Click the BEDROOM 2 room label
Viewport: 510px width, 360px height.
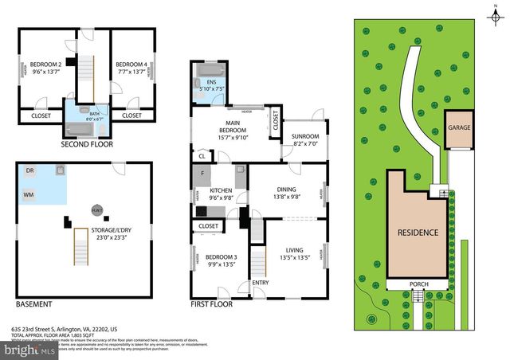pyautogui.click(x=45, y=65)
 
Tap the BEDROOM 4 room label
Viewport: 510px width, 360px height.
pyautogui.click(x=131, y=65)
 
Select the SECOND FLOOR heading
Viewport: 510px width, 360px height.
pyautogui.click(x=87, y=144)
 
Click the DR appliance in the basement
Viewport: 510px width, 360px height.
pyautogui.click(x=30, y=170)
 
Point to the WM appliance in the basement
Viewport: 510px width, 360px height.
pyautogui.click(x=29, y=194)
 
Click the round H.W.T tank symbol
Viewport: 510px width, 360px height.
pyautogui.click(x=96, y=209)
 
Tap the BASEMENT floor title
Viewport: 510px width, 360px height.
pyautogui.click(x=34, y=304)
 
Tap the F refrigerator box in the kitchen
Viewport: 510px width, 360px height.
pyautogui.click(x=202, y=173)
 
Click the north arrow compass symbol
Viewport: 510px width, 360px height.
pyautogui.click(x=494, y=13)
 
